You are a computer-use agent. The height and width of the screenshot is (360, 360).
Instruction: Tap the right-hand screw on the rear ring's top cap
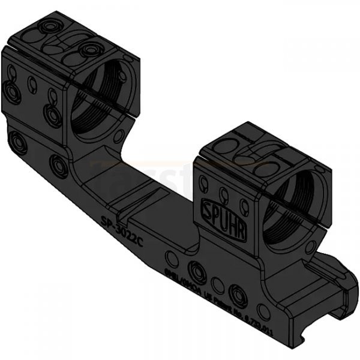[90, 50]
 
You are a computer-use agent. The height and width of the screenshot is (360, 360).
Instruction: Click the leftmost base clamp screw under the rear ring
[17, 142]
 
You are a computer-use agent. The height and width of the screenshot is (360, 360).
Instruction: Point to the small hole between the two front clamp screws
[218, 282]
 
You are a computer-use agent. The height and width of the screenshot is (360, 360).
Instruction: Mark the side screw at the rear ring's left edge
[11, 92]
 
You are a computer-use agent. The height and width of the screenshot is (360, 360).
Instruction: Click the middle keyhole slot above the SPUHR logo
[224, 193]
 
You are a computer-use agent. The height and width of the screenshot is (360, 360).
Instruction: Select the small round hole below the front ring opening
[310, 246]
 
